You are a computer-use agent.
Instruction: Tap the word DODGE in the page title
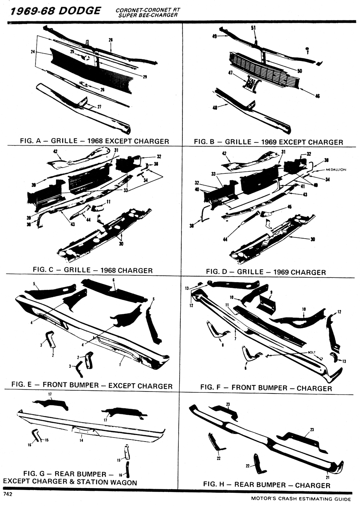point(79,11)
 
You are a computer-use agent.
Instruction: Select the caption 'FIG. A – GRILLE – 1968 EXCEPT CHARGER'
point(94,141)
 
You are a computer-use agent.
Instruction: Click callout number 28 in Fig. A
point(111,40)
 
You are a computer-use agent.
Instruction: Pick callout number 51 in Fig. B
point(253,28)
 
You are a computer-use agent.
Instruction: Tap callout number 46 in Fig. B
point(318,96)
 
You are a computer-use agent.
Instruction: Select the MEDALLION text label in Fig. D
point(338,169)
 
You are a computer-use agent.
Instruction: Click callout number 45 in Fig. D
point(289,207)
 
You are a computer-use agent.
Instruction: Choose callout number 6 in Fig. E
point(114,280)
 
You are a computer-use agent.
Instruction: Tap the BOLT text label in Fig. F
point(312,352)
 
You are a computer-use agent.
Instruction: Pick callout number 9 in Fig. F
point(271,293)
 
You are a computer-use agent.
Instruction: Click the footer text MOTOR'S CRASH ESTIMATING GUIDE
point(301,499)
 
